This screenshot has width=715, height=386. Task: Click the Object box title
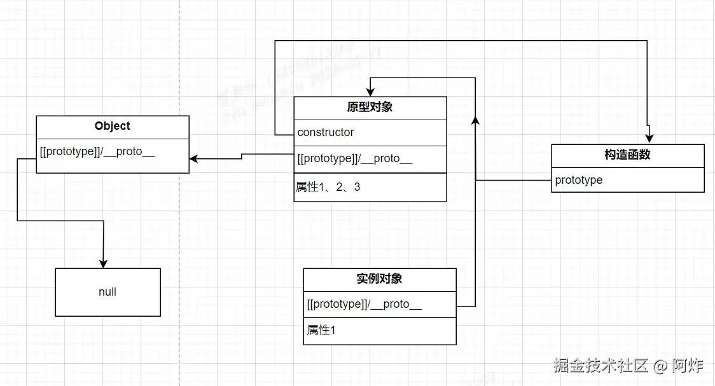coord(112,126)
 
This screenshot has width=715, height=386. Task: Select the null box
coord(108,292)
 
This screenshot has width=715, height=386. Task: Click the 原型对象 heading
coord(370,107)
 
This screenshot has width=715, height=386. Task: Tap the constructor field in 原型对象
coord(326,132)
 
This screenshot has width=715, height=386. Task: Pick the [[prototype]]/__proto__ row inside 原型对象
coord(354,159)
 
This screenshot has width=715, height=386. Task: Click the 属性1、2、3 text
coord(328,187)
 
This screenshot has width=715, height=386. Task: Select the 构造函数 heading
coord(627,155)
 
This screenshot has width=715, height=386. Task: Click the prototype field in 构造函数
coord(578,180)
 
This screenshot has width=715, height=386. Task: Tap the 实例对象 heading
coord(379,279)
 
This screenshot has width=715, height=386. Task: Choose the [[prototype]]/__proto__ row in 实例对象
coord(364,304)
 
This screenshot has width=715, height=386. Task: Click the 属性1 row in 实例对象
coord(321,330)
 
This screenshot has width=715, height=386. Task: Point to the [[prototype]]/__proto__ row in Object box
coord(97,153)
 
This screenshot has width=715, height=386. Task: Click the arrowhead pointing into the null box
coord(103,263)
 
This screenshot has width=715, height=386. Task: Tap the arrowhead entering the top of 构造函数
coord(648,139)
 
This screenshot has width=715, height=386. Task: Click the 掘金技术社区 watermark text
coord(600,366)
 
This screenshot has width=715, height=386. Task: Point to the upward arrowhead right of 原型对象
coord(476,121)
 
